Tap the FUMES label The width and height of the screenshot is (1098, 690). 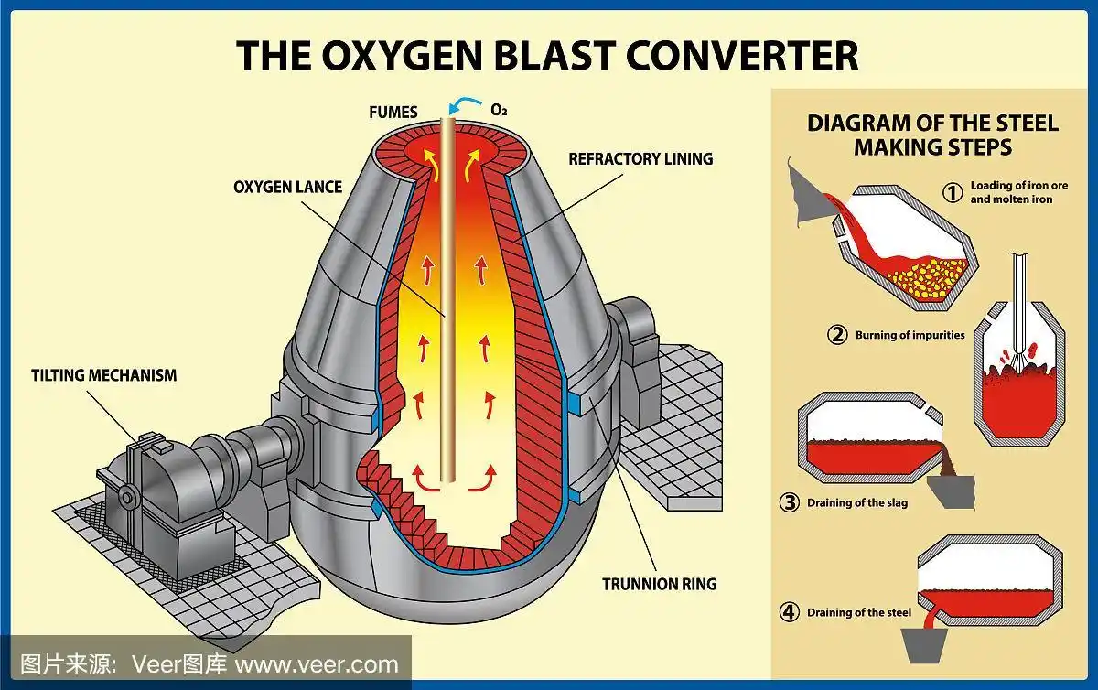point(393,113)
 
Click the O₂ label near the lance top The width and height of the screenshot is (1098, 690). point(499,111)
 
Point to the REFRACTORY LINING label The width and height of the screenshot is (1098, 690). point(640,159)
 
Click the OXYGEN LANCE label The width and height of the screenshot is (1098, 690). point(287,187)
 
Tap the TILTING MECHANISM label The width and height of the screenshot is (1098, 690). point(104,375)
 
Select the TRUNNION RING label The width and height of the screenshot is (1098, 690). point(659,584)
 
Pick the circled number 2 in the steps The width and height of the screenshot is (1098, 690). point(837,335)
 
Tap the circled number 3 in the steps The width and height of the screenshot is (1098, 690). point(789,502)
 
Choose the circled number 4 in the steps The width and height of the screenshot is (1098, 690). point(789,612)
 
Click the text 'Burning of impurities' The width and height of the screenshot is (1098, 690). point(910,335)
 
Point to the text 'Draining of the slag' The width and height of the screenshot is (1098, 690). point(857,502)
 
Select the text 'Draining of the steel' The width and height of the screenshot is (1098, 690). point(858,612)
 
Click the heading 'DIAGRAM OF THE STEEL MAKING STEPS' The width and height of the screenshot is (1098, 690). point(932,135)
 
